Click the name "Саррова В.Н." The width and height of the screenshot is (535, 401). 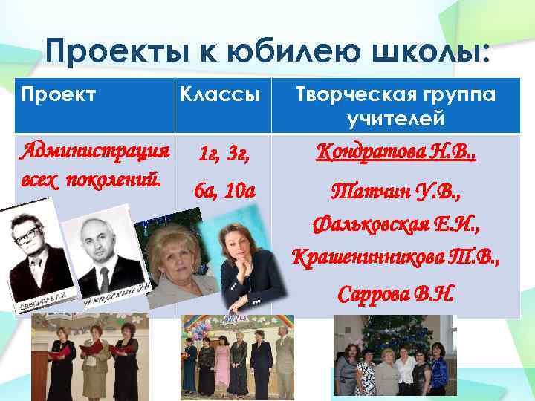point(395,294)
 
